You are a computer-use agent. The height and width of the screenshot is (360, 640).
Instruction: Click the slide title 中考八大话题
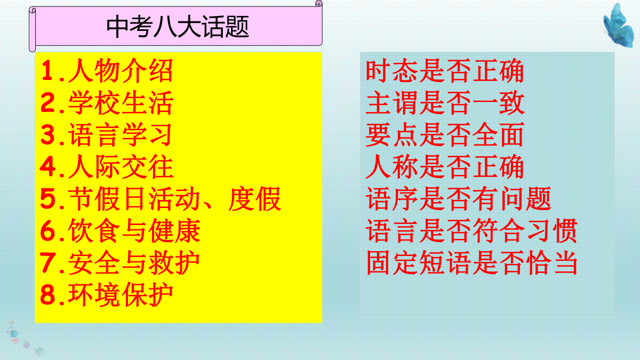[x=178, y=27]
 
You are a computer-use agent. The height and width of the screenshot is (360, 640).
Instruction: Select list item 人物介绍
[x=121, y=70]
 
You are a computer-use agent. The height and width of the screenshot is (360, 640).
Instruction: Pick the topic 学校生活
[x=121, y=102]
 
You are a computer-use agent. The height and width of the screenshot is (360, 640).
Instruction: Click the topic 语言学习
[x=120, y=134]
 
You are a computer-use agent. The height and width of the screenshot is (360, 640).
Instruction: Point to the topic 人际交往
[x=121, y=166]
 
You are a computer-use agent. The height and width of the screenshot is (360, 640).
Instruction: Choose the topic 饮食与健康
[x=134, y=230]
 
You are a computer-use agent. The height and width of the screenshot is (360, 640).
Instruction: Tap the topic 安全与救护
[x=134, y=262]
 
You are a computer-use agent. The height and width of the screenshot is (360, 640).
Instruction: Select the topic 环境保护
[x=121, y=294]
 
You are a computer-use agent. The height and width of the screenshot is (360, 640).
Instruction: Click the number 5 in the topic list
[x=47, y=198]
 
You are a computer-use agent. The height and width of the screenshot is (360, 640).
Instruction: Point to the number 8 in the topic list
[x=47, y=294]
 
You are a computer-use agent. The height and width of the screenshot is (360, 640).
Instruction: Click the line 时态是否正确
[x=445, y=70]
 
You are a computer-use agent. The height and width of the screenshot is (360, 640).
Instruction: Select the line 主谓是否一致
[x=445, y=102]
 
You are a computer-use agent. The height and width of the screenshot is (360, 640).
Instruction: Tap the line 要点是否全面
[x=445, y=134]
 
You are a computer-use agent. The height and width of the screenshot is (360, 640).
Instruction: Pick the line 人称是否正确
[x=445, y=166]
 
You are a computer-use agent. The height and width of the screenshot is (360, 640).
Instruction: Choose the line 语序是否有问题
[x=458, y=198]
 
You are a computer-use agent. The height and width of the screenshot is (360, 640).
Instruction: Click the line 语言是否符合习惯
[x=471, y=230]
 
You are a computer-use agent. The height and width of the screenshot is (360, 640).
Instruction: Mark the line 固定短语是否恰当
[x=471, y=262]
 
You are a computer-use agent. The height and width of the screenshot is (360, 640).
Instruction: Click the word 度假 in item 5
[x=254, y=198]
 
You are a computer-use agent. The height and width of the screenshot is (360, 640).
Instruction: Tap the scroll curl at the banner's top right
[x=319, y=3]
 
